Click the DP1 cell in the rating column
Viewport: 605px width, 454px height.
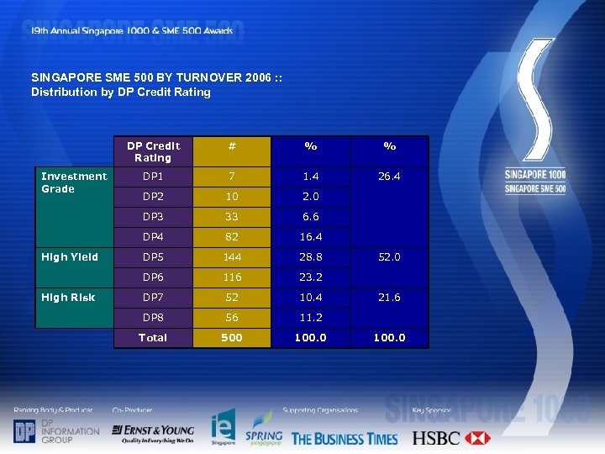(153, 177)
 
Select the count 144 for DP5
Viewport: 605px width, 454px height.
(231, 257)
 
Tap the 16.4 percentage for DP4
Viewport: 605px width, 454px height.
(310, 237)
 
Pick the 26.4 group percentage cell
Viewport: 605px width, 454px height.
(390, 177)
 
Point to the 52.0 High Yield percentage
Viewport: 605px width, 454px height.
(390, 257)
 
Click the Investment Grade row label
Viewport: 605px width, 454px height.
(74, 182)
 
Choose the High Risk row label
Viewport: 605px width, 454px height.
(69, 298)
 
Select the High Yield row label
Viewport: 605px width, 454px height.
(70, 257)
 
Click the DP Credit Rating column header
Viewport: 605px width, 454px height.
(153, 151)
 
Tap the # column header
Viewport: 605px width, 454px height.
(231, 146)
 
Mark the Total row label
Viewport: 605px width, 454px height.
(153, 338)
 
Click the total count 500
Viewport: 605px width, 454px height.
(231, 338)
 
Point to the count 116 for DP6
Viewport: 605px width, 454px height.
(231, 277)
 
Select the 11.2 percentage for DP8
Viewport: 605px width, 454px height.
(310, 318)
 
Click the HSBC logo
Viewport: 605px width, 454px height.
(450, 438)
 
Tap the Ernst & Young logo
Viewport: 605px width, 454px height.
(153, 433)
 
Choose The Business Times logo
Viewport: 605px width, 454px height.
(345, 438)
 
